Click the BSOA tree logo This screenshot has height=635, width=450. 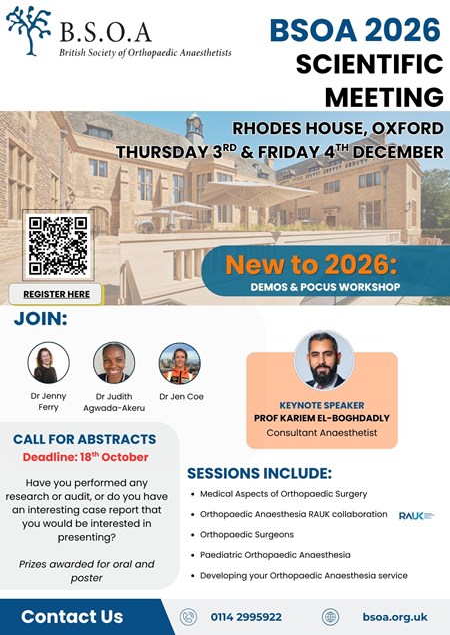[29, 30]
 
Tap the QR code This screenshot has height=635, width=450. [58, 245]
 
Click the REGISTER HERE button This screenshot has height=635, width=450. [56, 294]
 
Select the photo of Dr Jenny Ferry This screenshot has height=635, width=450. [48, 363]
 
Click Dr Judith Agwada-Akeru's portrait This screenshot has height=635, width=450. [114, 363]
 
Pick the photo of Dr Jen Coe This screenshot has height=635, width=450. [180, 363]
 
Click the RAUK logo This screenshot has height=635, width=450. [416, 516]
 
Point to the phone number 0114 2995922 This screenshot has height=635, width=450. [246, 617]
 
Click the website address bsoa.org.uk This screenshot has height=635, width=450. [395, 617]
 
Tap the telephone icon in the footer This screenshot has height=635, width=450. [188, 617]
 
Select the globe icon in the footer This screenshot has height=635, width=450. [330, 617]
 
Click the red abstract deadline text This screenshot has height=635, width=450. [86, 457]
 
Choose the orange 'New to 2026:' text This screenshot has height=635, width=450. [311, 264]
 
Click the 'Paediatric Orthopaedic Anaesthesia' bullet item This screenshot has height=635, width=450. [275, 555]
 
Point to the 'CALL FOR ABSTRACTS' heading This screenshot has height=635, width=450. [84, 439]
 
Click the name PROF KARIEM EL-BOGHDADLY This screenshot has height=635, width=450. [322, 418]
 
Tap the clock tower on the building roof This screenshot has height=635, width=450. [194, 128]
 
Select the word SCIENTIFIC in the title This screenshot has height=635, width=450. [369, 64]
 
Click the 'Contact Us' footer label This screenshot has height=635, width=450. [72, 617]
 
